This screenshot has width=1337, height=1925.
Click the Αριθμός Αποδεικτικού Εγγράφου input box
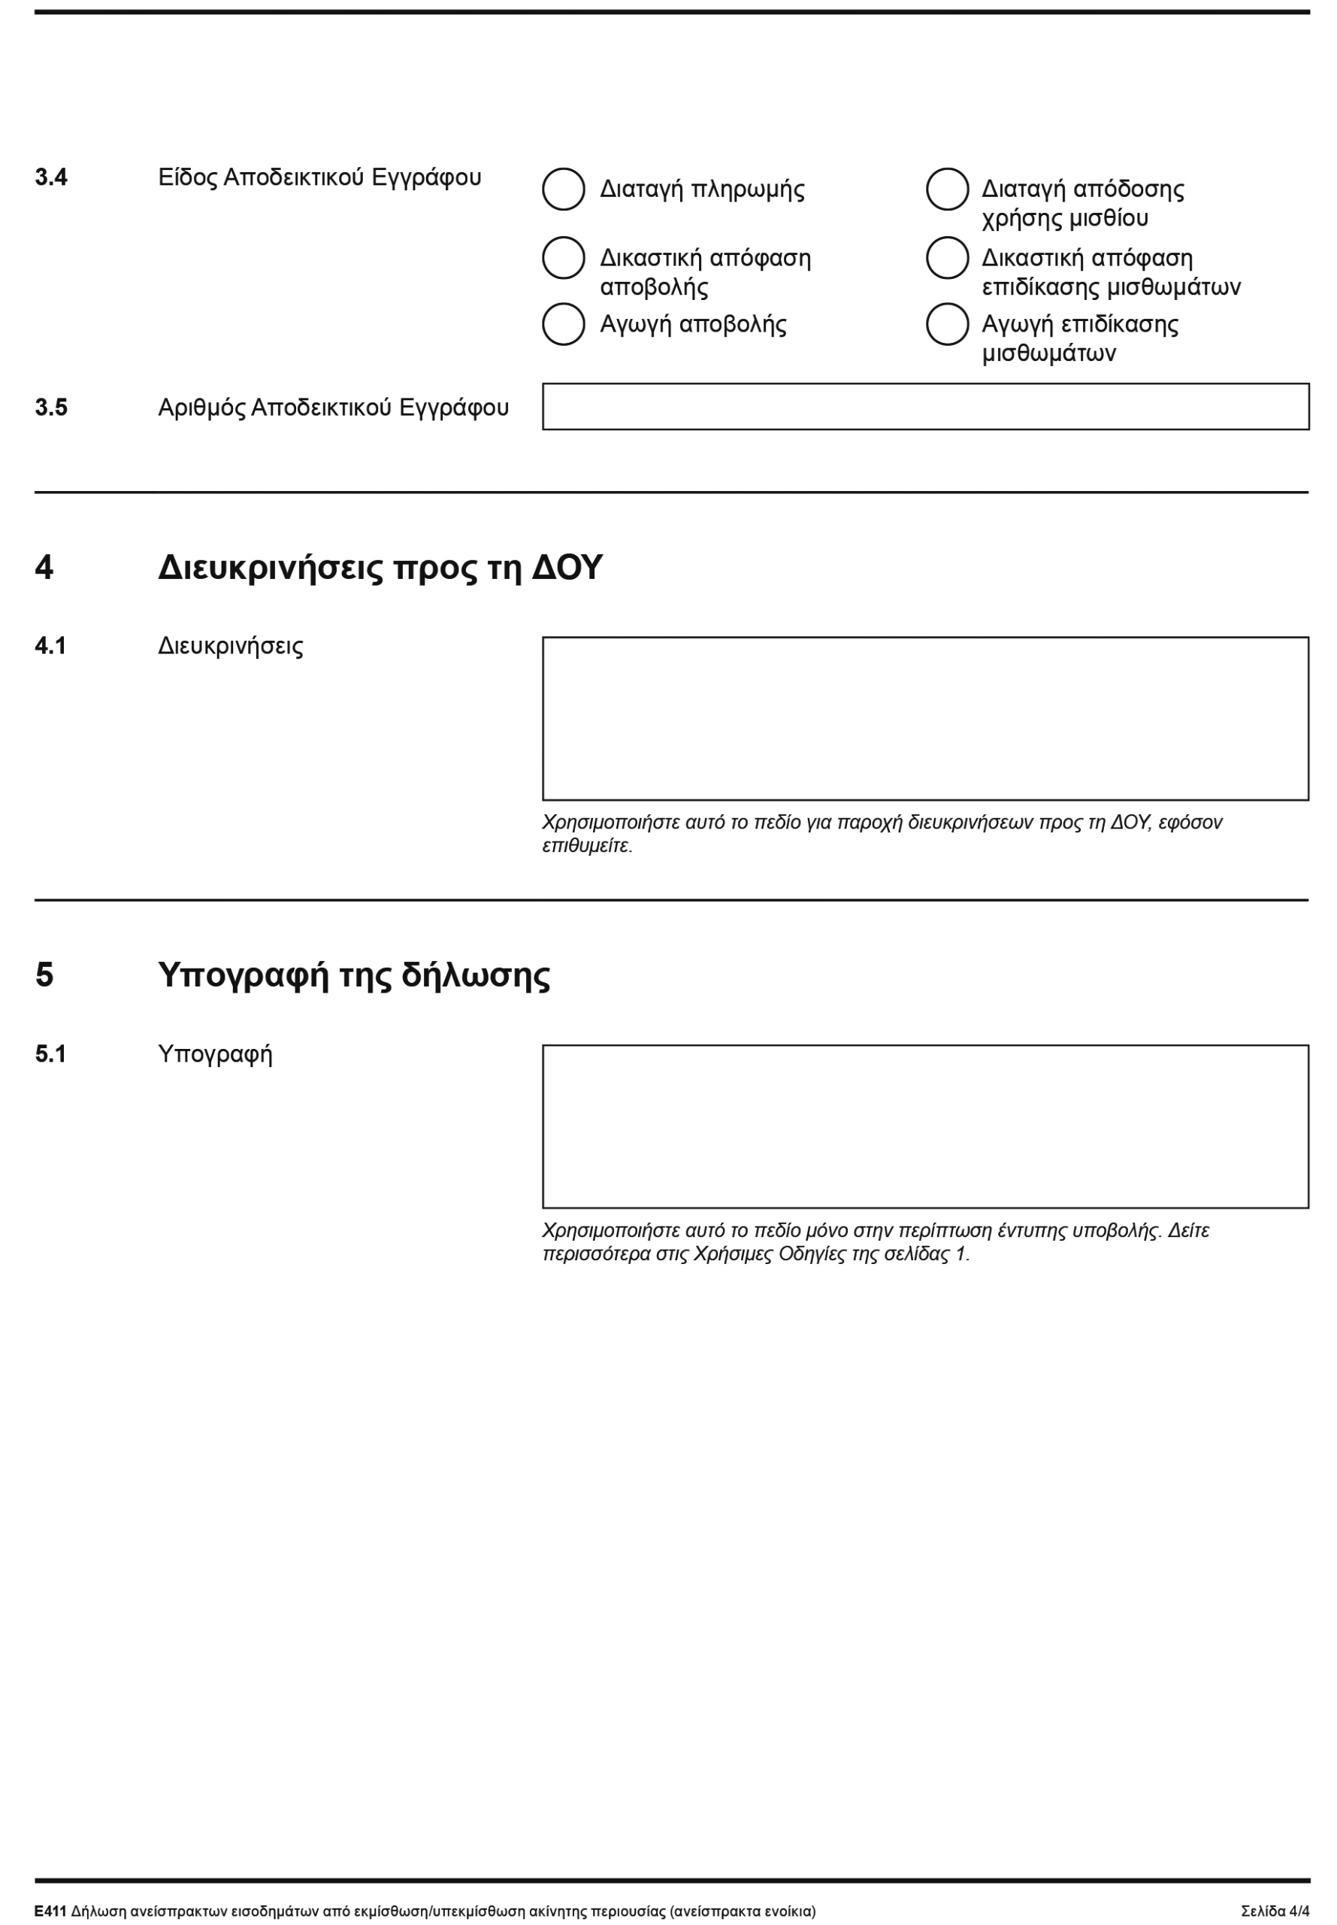(x=925, y=407)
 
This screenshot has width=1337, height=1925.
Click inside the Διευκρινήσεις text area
(x=925, y=718)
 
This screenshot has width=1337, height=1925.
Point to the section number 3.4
(x=51, y=177)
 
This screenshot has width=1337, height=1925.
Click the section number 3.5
(x=51, y=408)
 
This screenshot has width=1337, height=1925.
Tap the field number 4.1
(x=50, y=646)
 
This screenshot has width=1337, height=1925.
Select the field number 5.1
(x=50, y=1053)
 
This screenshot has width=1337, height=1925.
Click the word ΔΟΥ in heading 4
(x=567, y=568)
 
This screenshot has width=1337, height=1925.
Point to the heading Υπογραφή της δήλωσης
(x=353, y=975)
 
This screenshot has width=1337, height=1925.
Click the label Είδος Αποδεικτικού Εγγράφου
(x=319, y=177)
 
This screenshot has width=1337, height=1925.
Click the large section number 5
(x=44, y=975)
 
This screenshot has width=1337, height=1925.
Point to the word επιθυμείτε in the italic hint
(x=586, y=846)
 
